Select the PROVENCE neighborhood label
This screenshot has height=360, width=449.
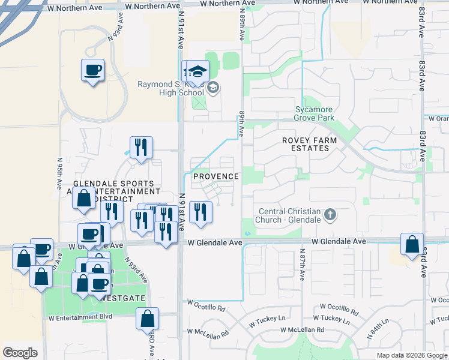(215, 176)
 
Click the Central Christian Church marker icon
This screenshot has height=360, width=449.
(330, 214)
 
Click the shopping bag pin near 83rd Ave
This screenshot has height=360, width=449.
(412, 244)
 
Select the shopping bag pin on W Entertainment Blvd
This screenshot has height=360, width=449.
(147, 319)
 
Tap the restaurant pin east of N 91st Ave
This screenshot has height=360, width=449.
(200, 212)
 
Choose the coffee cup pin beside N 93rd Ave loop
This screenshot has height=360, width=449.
(93, 70)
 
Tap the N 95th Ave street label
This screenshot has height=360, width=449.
(59, 173)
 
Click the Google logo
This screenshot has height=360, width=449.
(20, 352)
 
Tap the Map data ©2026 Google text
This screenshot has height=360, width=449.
(411, 355)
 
